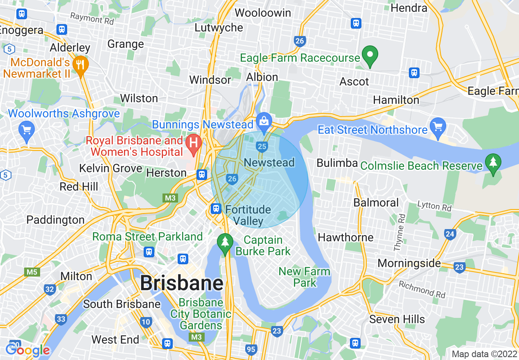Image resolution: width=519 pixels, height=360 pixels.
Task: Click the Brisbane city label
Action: [x=182, y=283]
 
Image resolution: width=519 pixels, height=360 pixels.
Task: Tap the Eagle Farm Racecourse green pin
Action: [x=370, y=56]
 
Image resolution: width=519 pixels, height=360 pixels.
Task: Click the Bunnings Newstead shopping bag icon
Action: [x=264, y=120]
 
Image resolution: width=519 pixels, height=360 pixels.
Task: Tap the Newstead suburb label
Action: [x=269, y=162]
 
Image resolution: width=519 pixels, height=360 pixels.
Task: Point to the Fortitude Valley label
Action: [x=248, y=215]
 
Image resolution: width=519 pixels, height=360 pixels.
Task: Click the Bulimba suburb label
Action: [x=337, y=163]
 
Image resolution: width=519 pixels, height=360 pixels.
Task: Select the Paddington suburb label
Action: [x=55, y=220]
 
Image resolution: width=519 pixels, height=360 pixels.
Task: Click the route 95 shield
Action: [x=251, y=349]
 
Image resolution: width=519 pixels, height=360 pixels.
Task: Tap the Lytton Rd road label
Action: [x=434, y=206]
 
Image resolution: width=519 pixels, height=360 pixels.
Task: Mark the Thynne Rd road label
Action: [x=399, y=232]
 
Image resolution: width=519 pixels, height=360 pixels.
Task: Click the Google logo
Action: [x=27, y=350]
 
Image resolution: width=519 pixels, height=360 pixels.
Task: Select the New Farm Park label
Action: [x=304, y=277]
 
